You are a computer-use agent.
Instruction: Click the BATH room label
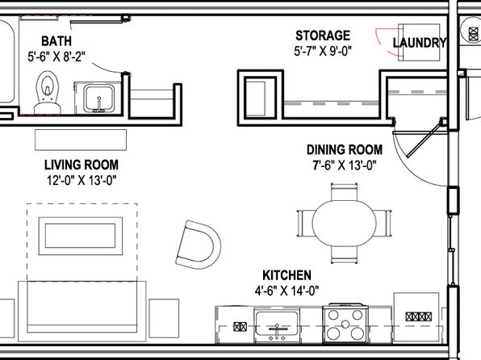click(x=56, y=41)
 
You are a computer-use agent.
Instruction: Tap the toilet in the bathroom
click(x=48, y=92)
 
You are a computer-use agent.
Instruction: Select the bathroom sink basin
click(x=99, y=98)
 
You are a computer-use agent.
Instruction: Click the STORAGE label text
click(x=323, y=36)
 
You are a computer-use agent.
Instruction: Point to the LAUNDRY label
click(x=420, y=43)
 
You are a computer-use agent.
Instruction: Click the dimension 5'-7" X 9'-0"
click(x=323, y=51)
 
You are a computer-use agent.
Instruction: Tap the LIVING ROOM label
click(x=82, y=165)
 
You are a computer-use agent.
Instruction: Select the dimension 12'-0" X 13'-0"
click(x=82, y=180)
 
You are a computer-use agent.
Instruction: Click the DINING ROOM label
click(x=345, y=150)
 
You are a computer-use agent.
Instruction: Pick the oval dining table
click(x=344, y=223)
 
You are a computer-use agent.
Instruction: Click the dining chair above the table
click(x=344, y=192)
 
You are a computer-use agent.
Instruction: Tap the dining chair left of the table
click(x=305, y=223)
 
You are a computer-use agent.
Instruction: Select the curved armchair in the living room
click(x=199, y=245)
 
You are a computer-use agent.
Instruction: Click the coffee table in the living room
click(x=81, y=236)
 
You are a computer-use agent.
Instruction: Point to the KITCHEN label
click(x=287, y=275)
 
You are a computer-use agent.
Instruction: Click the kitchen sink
click(x=277, y=325)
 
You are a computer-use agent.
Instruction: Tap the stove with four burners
click(x=345, y=324)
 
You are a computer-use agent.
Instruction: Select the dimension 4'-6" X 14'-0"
click(x=287, y=291)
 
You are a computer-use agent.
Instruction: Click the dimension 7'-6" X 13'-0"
click(x=345, y=165)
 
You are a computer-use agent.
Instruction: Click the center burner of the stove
click(x=345, y=324)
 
